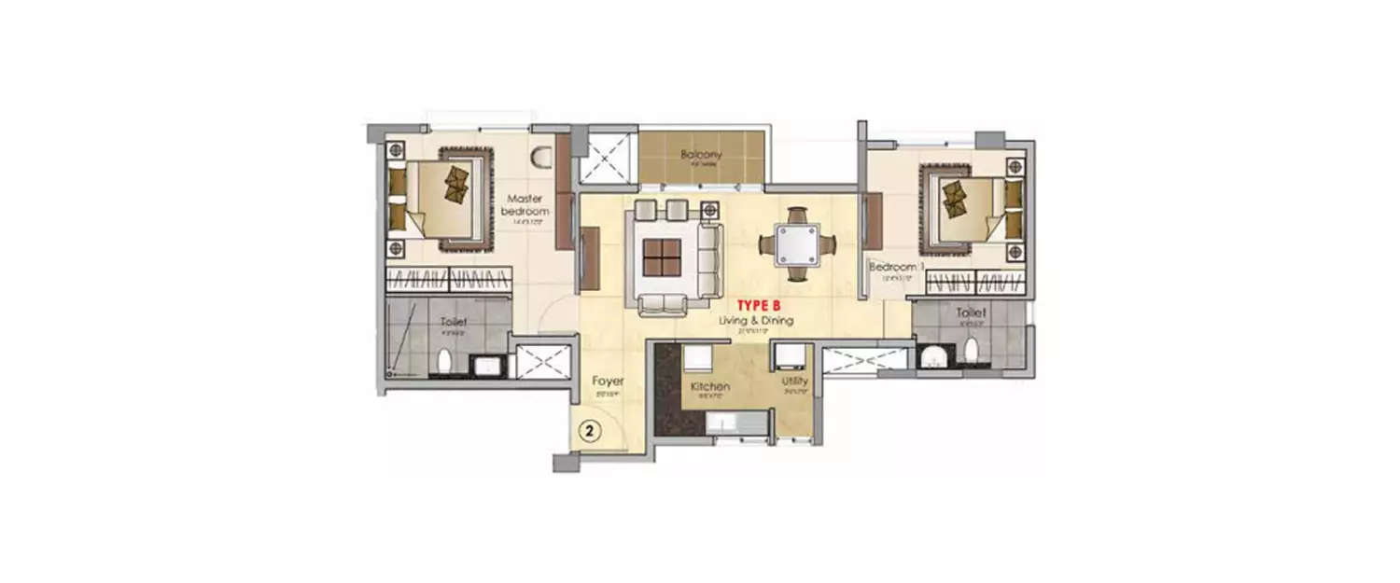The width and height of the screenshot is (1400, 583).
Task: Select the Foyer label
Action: [608, 382]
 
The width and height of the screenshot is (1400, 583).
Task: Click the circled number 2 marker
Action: [590, 431]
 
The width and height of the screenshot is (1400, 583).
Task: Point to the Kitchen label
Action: [709, 386]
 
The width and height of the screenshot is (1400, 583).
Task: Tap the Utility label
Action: [795, 382]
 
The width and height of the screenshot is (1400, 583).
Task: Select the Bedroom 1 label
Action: [896, 268]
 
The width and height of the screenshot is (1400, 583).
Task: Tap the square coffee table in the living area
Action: [661, 257]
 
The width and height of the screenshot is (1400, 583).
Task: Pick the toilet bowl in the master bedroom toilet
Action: [445, 361]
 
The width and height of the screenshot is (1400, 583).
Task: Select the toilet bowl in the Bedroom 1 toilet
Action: [972, 350]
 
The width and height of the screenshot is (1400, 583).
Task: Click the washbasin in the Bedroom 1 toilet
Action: [931, 355]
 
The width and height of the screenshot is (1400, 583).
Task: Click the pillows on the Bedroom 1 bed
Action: [957, 198]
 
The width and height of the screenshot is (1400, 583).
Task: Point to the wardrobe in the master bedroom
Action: [449, 279]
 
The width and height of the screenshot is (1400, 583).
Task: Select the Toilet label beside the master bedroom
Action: [453, 322]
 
